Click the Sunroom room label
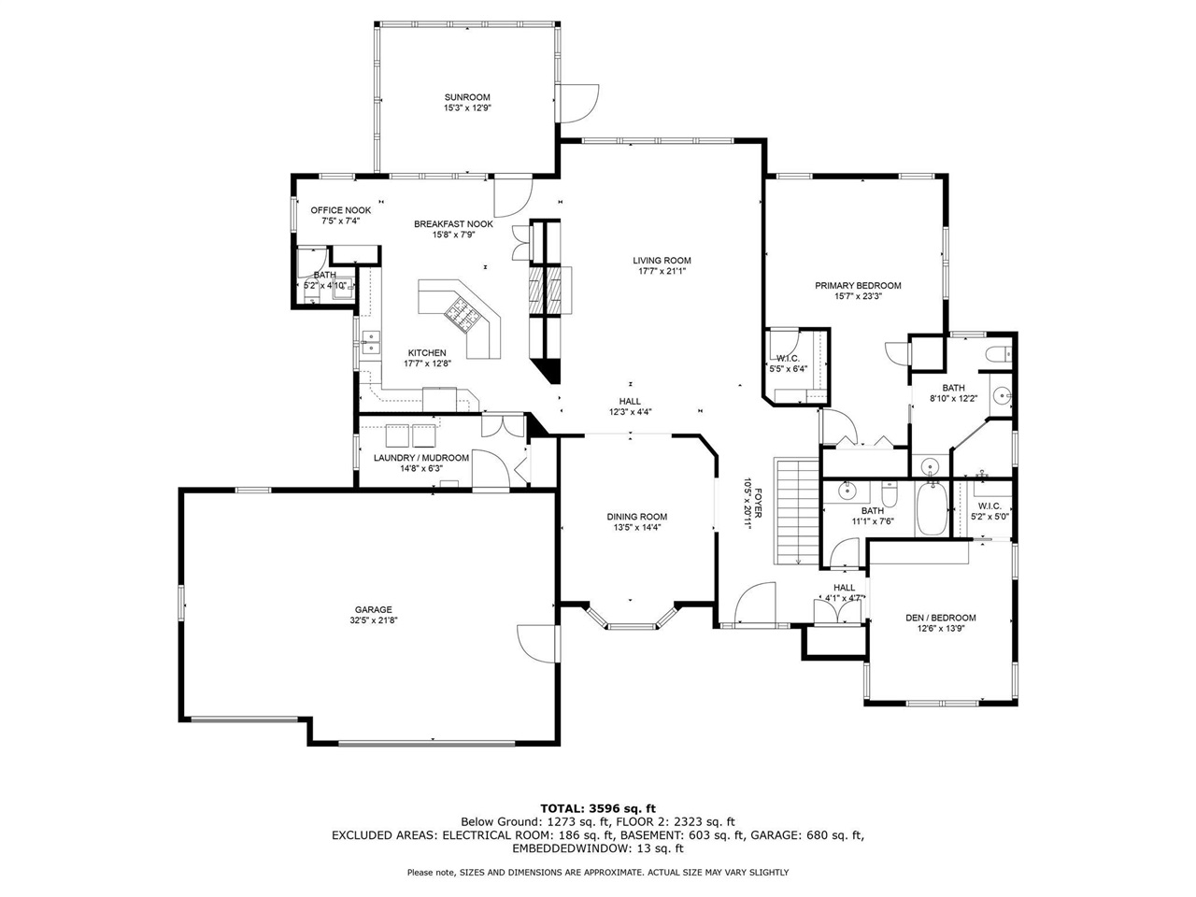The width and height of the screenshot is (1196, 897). pyautogui.click(x=467, y=97)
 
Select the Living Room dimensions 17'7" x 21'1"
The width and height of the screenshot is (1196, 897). pyautogui.click(x=662, y=272)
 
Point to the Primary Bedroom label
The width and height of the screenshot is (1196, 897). pyautogui.click(x=857, y=286)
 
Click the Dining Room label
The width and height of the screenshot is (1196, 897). pyautogui.click(x=636, y=517)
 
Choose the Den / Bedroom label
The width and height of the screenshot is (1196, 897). pyautogui.click(x=940, y=618)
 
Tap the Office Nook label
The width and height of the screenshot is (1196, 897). pyautogui.click(x=340, y=210)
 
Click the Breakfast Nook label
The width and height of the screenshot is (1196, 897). pyautogui.click(x=453, y=224)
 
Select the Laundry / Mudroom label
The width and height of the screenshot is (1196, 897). pyautogui.click(x=420, y=458)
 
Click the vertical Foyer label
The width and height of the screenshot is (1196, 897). pyautogui.click(x=753, y=505)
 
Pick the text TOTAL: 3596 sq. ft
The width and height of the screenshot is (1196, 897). pyautogui.click(x=598, y=807)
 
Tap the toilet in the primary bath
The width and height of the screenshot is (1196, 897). pyautogui.click(x=997, y=353)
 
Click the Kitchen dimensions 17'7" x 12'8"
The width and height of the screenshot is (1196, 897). pyautogui.click(x=427, y=363)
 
